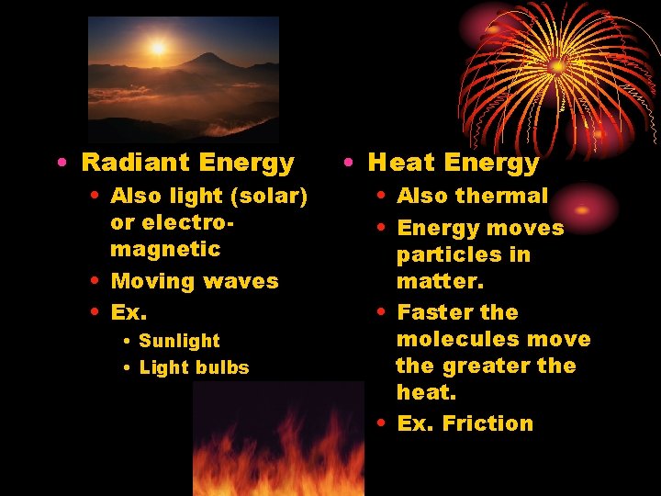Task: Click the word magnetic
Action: coord(165,249)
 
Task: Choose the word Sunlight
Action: coord(179,341)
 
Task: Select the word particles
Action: coord(463,254)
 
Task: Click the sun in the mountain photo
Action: coord(158,47)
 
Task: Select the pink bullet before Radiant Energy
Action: coord(60,163)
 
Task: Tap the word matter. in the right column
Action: coord(431,281)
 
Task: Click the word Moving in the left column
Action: coord(150,281)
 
